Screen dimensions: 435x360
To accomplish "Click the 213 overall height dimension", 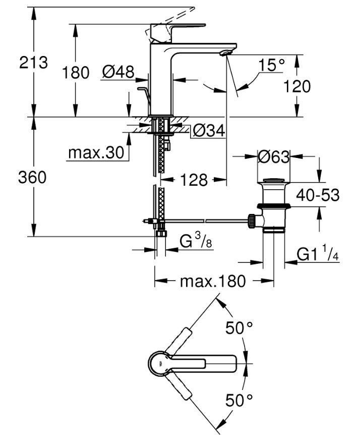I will pos(33,63).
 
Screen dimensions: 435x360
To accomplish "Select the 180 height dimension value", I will pos(76,72).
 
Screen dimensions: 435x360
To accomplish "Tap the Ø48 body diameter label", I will pos(117,72).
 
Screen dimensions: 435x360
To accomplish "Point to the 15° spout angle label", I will pos(272,65).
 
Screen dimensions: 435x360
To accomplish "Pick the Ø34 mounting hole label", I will pos(208,131).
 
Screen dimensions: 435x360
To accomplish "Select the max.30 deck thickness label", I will pos(96,153).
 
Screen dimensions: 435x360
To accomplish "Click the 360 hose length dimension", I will pos(32,177).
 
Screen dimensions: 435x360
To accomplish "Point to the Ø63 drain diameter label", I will pos(273,157).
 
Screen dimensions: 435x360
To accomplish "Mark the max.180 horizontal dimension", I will pos(213,281).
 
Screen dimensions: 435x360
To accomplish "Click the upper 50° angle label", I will pos(238,328).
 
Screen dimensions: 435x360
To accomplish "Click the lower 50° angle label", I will pos(238,401).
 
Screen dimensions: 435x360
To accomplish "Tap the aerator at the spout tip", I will pos(226,52).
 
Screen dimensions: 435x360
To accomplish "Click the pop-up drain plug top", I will pos(273,180).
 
